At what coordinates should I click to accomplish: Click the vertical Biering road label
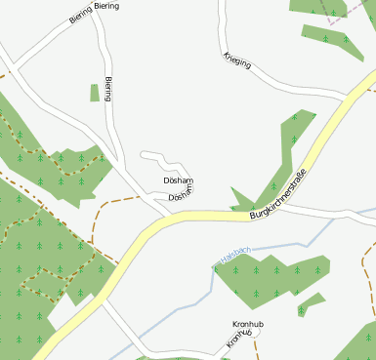pos(108,88)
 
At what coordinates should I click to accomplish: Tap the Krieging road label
pos(237,60)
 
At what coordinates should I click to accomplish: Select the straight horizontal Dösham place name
pos(179,180)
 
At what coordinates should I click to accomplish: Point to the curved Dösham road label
pos(181,194)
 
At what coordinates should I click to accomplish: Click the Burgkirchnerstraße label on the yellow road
pos(278,194)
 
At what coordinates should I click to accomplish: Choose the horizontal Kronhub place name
pos(249,324)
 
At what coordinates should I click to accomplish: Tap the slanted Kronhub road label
pos(240,339)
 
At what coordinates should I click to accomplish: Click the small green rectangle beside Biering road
pos(95,93)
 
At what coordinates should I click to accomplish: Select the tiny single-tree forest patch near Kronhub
pos(312,302)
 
